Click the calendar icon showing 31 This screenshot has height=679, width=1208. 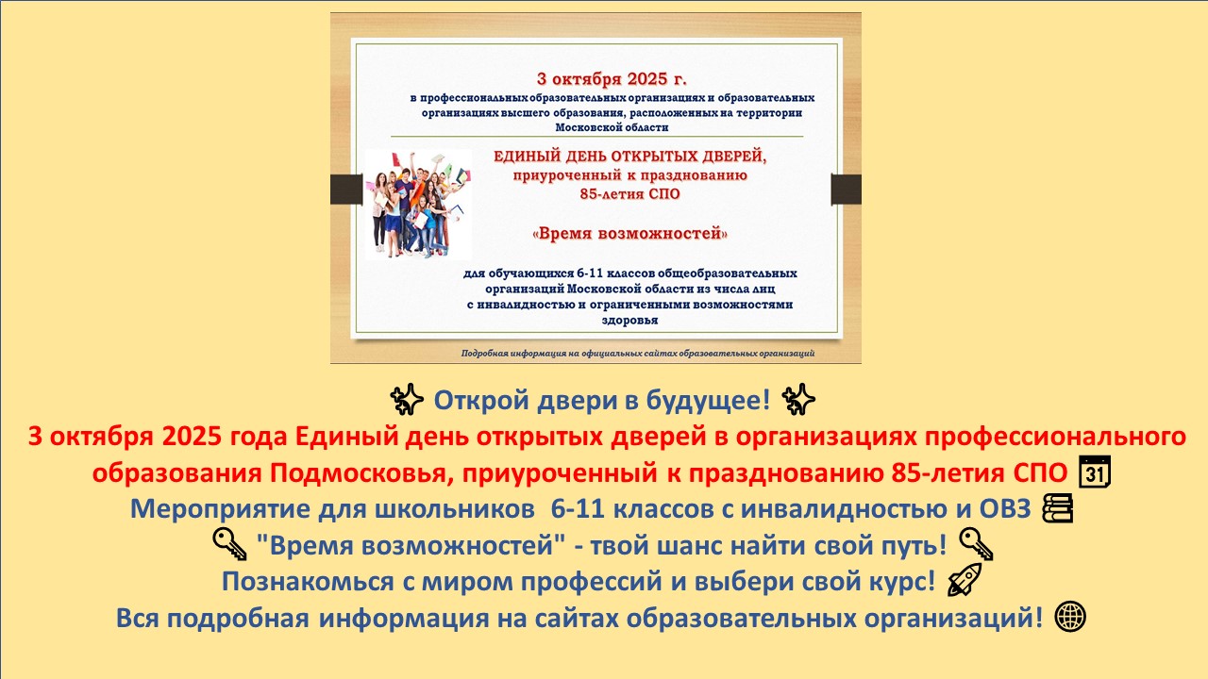pos(1095,472)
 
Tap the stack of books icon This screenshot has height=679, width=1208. pos(1058,508)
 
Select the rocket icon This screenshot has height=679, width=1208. pos(965,580)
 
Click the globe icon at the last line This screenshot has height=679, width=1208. pos(1070,617)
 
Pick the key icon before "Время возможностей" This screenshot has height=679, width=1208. pos(229,544)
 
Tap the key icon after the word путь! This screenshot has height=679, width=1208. pos(976,544)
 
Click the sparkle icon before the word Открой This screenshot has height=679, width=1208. pos(407,399)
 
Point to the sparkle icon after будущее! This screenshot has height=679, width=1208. pos(798,399)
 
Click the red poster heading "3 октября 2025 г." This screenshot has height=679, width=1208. pos(612,79)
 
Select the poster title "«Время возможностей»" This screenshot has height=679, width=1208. pos(629,233)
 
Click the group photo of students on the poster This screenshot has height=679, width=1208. pos(418,205)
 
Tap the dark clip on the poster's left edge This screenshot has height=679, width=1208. pos(346,190)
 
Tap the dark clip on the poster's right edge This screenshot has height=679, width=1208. pos(847,190)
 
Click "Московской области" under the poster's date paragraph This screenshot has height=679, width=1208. pos(612,127)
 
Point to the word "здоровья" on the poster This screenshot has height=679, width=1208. pos(629,320)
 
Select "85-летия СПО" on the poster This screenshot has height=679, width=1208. pos(629,194)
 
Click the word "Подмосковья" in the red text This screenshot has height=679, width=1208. pos(359,473)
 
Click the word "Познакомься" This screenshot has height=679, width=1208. pos(308,582)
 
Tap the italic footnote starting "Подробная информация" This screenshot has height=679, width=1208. pos(638,354)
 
